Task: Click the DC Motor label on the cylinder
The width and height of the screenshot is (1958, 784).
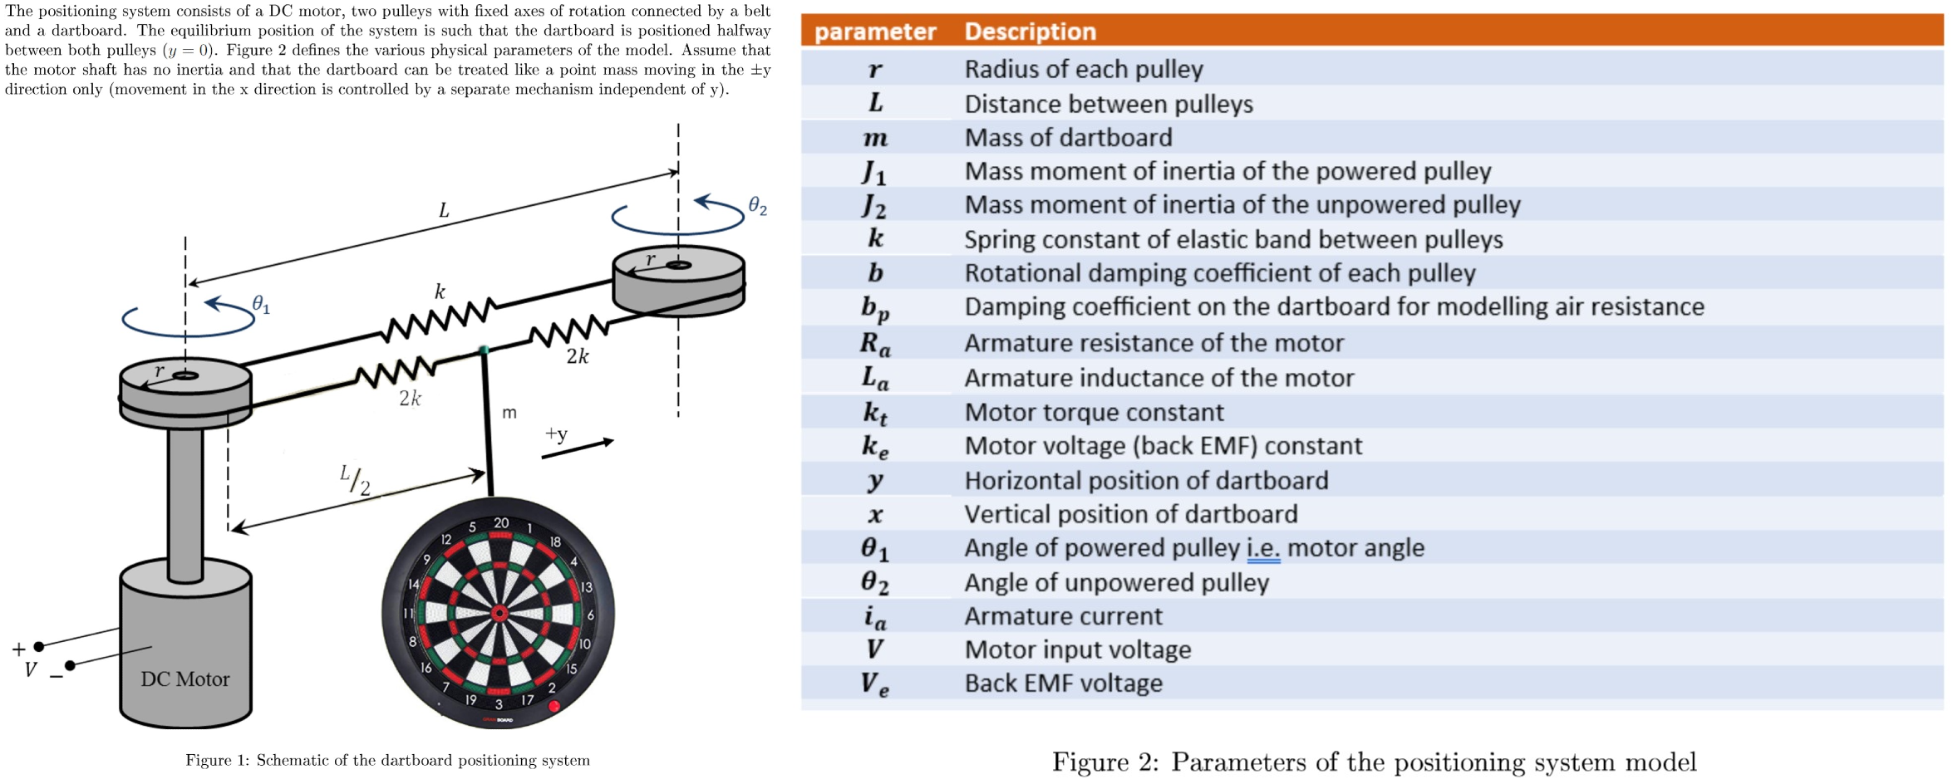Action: (184, 679)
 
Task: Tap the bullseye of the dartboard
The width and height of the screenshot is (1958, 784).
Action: (499, 614)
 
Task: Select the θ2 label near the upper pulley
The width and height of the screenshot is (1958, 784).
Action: (757, 206)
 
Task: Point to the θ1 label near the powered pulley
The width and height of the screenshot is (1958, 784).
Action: (261, 306)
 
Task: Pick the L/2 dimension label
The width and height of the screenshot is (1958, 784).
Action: (355, 480)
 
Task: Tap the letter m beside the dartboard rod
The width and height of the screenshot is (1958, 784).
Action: (509, 412)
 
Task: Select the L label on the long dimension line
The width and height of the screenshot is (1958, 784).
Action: (444, 211)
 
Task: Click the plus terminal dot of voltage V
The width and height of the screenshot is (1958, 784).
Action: (39, 646)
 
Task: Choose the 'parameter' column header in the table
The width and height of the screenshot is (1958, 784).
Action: (874, 32)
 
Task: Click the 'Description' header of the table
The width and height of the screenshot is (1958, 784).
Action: (1030, 32)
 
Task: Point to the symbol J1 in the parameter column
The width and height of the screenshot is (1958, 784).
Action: (874, 172)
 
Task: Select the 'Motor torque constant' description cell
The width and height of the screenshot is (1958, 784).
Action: (1094, 412)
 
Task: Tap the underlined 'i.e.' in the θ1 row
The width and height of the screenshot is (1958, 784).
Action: (1263, 548)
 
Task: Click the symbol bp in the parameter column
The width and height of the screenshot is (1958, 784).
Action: (874, 307)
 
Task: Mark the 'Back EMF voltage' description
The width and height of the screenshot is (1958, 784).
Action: (1063, 684)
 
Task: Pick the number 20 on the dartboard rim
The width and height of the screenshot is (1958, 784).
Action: (501, 523)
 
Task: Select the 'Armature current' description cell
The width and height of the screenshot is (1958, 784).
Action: (1063, 616)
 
